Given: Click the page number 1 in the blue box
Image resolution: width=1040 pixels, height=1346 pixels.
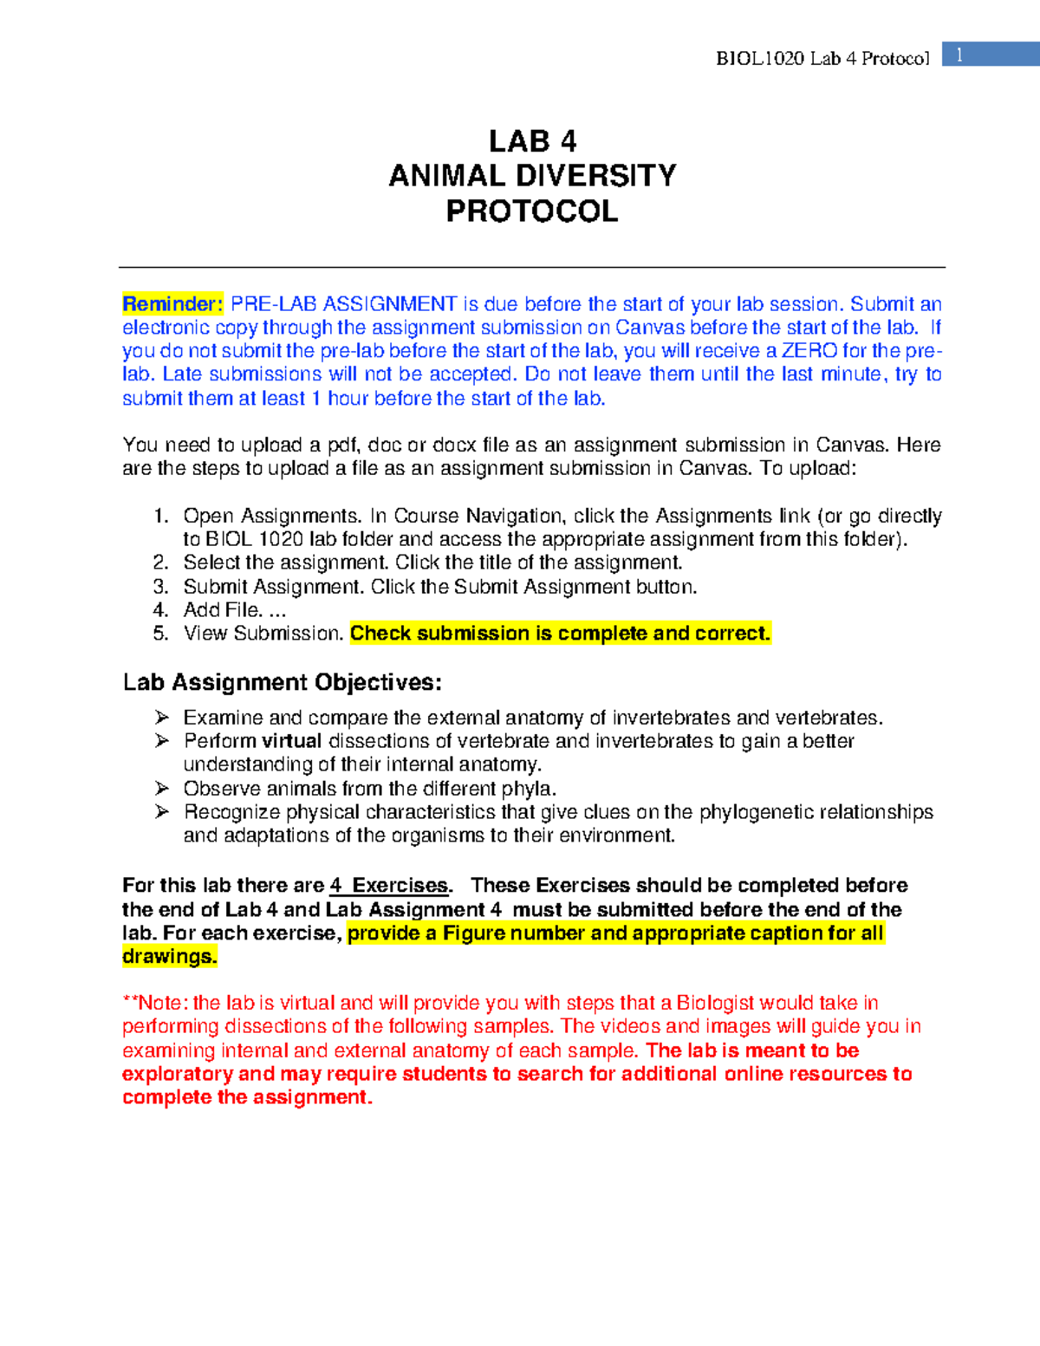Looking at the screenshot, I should coord(959,55).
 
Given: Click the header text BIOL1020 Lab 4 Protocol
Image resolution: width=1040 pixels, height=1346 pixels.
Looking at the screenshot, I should coord(822,59).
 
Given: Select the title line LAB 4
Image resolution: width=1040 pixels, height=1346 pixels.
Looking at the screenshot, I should coord(532,141).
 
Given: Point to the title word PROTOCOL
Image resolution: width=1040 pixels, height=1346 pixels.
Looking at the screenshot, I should coord(532,211).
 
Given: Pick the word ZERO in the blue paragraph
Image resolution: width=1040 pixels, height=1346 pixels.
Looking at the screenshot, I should coord(809,351).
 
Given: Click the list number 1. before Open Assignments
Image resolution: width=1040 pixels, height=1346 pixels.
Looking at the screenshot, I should coord(160,517).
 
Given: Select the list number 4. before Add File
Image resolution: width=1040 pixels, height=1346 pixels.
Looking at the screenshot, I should coord(160,610).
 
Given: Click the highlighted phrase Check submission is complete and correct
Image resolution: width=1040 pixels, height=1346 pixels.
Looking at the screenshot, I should coord(560,634).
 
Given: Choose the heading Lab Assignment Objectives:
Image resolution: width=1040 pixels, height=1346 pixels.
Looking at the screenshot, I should coord(282,683).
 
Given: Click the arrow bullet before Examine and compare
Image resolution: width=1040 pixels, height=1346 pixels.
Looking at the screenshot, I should coord(162,718).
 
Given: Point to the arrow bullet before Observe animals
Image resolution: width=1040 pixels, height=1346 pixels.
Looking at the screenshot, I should coord(162,789).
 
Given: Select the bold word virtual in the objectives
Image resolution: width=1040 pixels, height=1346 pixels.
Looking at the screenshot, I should coord(291,742).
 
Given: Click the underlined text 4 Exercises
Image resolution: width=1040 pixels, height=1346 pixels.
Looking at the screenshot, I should coord(390,886).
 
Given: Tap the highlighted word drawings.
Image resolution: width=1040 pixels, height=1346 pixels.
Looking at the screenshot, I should coord(169,957).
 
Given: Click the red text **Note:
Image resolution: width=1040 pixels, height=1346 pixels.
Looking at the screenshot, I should coord(156,1004).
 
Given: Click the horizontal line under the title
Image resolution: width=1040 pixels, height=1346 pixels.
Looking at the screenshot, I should coord(532,268).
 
